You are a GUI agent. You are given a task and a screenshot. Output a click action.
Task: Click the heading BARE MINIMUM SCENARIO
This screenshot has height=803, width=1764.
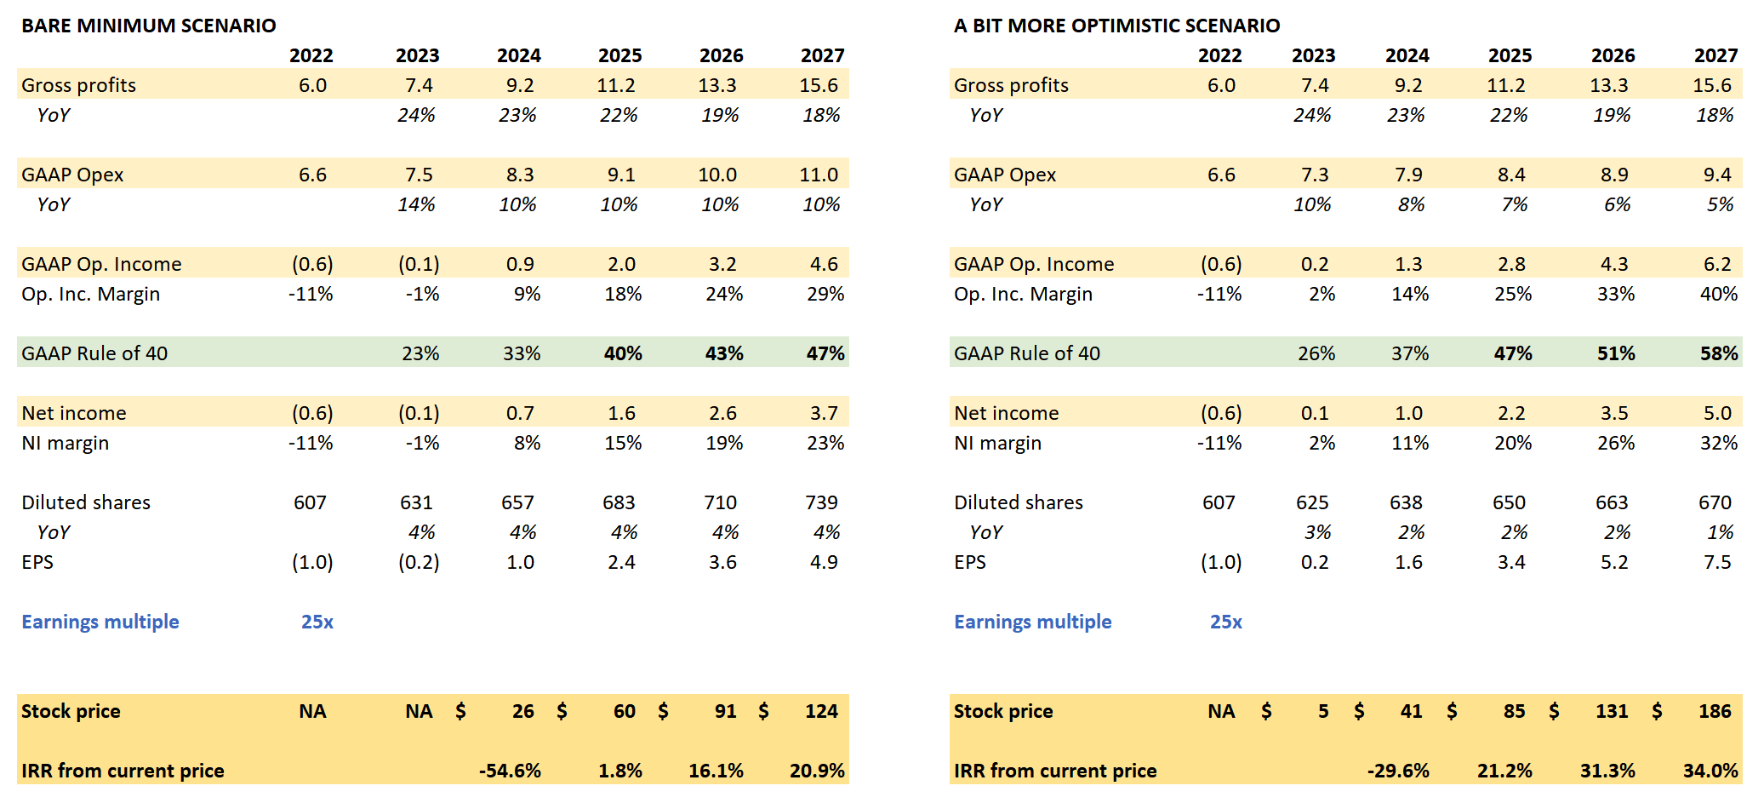point(149,26)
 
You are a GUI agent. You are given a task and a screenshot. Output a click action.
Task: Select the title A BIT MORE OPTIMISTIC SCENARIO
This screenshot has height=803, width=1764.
point(1116,26)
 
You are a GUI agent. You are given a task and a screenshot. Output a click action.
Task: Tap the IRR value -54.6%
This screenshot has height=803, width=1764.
point(510,771)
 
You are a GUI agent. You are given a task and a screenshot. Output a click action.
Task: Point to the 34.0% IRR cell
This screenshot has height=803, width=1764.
point(1710,771)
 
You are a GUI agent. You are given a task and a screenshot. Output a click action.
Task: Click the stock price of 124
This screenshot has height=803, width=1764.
point(821,711)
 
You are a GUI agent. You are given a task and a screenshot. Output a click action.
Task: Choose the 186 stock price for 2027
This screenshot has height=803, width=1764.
point(1715,711)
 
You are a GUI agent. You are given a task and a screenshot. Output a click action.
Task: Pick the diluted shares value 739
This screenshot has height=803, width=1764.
point(821,502)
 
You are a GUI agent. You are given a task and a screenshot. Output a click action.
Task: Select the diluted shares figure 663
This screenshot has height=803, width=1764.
point(1612,502)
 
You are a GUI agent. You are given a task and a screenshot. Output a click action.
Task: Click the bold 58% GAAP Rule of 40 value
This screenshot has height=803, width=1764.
point(1719,353)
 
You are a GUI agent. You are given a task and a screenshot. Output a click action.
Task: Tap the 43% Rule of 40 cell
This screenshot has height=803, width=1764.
point(724,353)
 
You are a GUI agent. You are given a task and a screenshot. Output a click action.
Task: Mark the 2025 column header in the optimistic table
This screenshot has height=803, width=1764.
point(1510,55)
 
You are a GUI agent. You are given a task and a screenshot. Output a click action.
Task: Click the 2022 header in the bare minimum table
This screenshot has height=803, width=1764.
point(311,55)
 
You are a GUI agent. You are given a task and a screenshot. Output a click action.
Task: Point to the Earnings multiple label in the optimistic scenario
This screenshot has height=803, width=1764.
point(1033,622)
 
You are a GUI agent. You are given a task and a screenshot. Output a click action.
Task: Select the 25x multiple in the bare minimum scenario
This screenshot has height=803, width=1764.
point(317,622)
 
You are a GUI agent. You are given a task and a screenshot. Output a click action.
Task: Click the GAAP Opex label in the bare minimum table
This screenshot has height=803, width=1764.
point(72,175)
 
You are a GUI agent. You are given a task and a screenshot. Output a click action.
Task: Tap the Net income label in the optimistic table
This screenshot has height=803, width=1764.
point(1007,413)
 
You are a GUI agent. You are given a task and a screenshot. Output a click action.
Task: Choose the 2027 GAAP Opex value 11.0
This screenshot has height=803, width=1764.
point(819,175)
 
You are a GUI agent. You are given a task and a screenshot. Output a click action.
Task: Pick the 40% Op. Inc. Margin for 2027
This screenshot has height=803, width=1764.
point(1719,294)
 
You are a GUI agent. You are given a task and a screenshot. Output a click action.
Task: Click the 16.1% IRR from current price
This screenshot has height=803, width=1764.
point(716,771)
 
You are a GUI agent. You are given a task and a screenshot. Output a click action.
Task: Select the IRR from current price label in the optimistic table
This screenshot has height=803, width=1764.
point(1055,771)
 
